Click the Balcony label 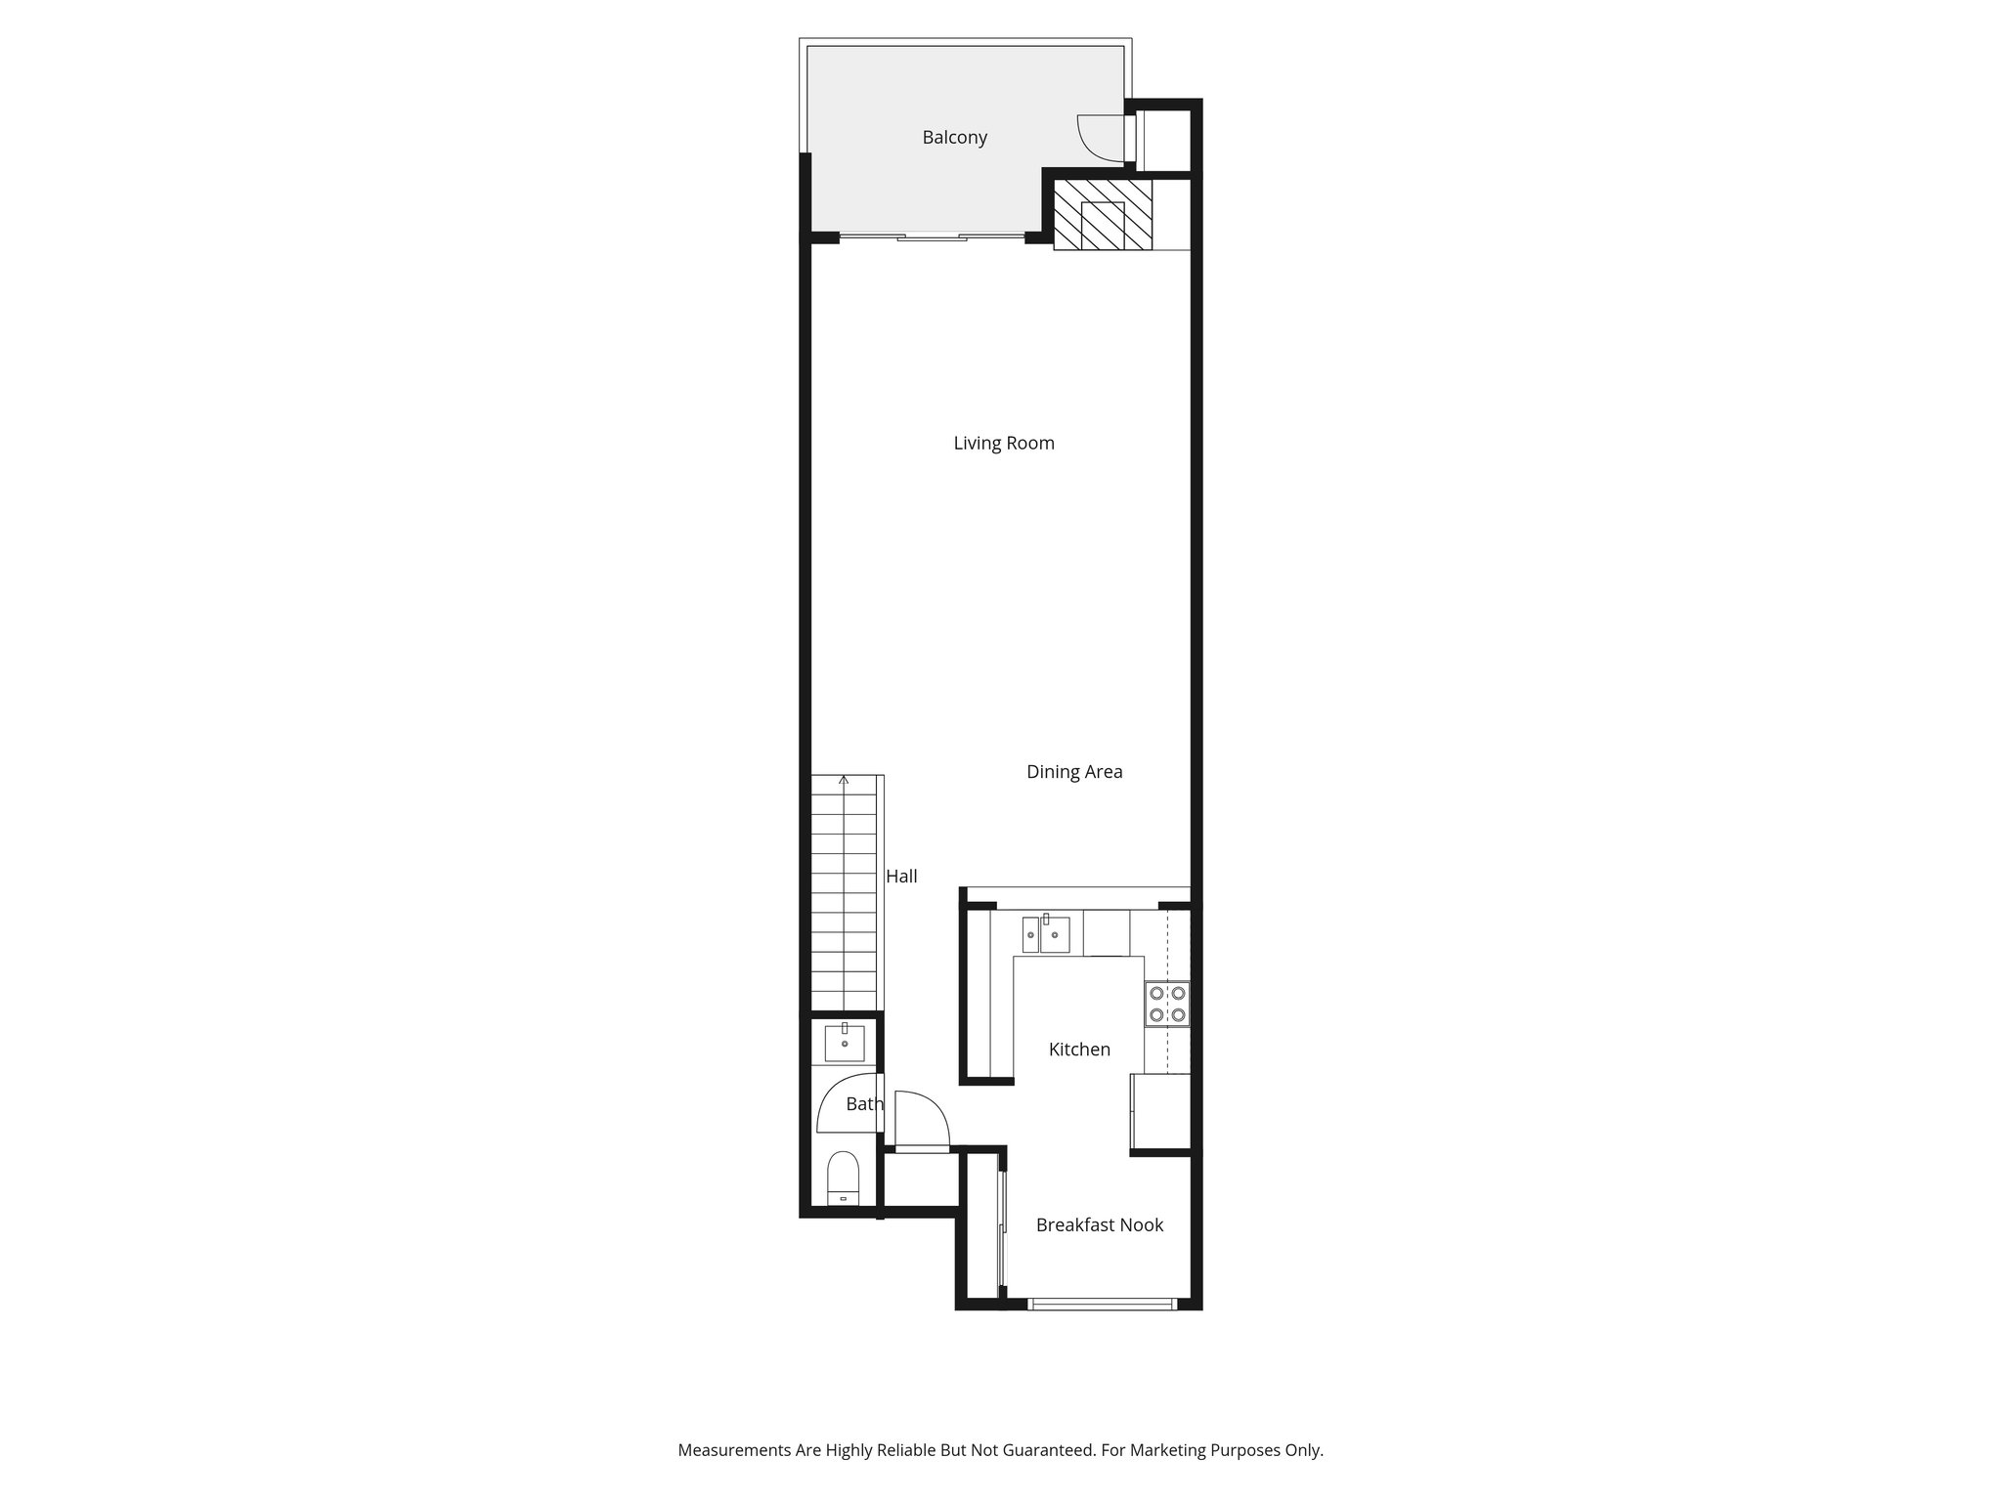[954, 138]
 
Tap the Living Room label [1003, 444]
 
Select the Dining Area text [1073, 772]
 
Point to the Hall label [901, 877]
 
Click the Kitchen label [1079, 1050]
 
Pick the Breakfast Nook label [1099, 1225]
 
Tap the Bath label [864, 1104]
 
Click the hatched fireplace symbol [1103, 214]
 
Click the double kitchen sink [1045, 934]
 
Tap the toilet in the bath [843, 1179]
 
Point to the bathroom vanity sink [845, 1043]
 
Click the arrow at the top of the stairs [844, 780]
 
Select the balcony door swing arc [1097, 138]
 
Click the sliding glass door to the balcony [932, 236]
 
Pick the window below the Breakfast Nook [1102, 1303]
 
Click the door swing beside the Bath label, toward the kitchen [921, 1120]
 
